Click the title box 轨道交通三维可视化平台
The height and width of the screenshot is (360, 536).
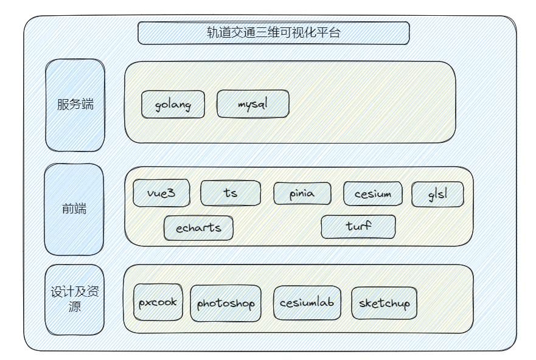(273, 33)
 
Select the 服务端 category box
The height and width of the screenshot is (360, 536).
(75, 105)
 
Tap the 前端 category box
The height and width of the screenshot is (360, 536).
(74, 209)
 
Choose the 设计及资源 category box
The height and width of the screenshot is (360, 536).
(74, 299)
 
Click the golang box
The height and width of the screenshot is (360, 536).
(173, 105)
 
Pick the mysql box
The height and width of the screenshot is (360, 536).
(252, 104)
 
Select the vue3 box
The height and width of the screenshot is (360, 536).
(161, 193)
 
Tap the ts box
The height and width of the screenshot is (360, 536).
(231, 193)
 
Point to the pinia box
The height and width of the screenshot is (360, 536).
(302, 194)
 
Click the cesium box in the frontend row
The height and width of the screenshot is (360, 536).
(372, 194)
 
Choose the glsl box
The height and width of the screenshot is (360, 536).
(437, 194)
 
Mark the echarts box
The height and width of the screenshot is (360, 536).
(198, 228)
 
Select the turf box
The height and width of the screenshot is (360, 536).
(358, 227)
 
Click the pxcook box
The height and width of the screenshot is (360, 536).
(158, 302)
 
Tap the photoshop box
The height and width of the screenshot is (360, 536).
(226, 303)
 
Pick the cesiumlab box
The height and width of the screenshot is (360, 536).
(307, 302)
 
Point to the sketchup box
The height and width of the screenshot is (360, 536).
(384, 303)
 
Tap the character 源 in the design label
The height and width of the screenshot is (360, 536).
(74, 306)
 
